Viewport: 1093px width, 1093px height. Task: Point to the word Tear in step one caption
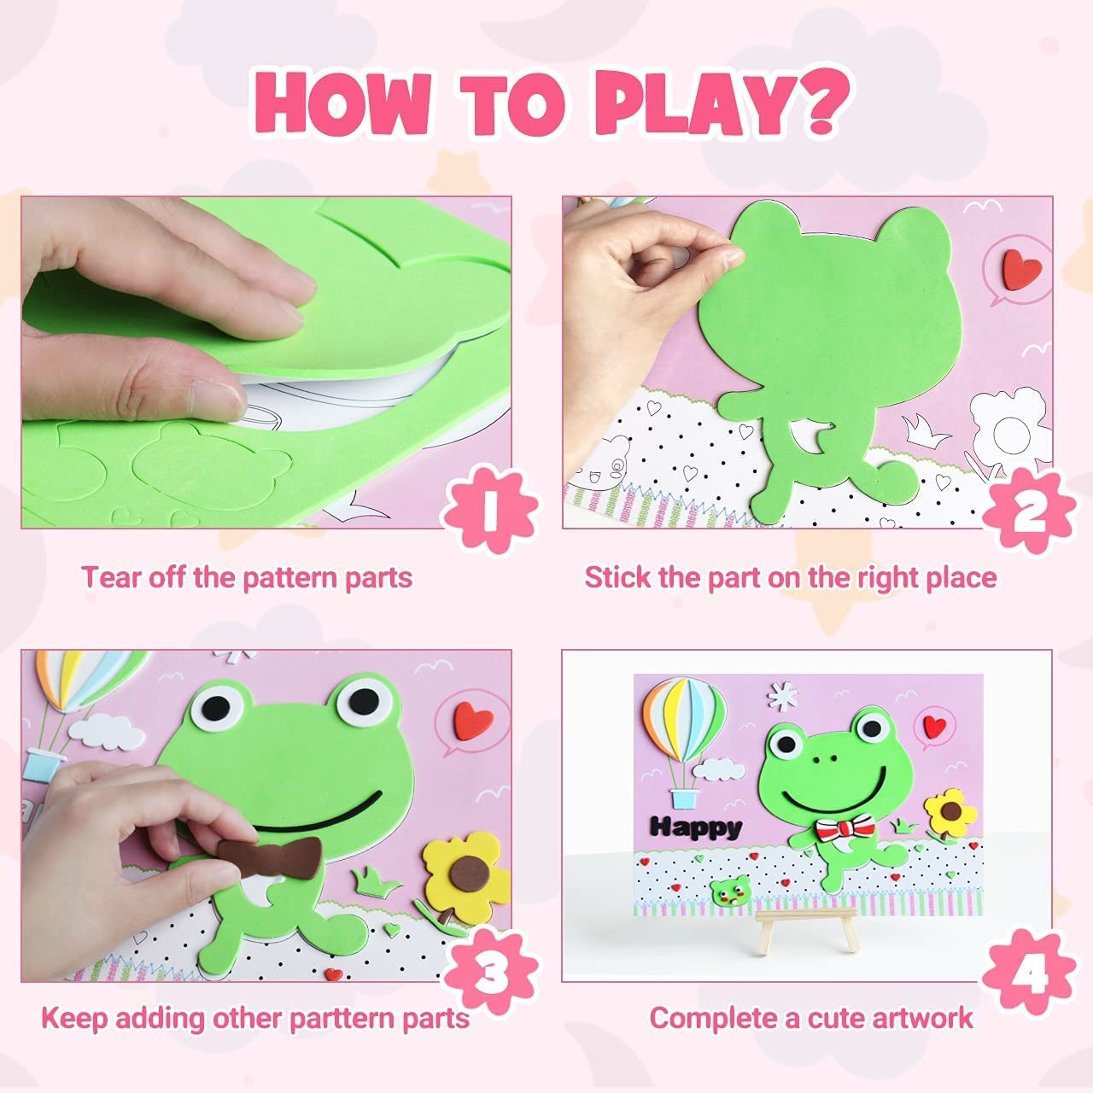112,578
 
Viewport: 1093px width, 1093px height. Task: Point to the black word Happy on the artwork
696,827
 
